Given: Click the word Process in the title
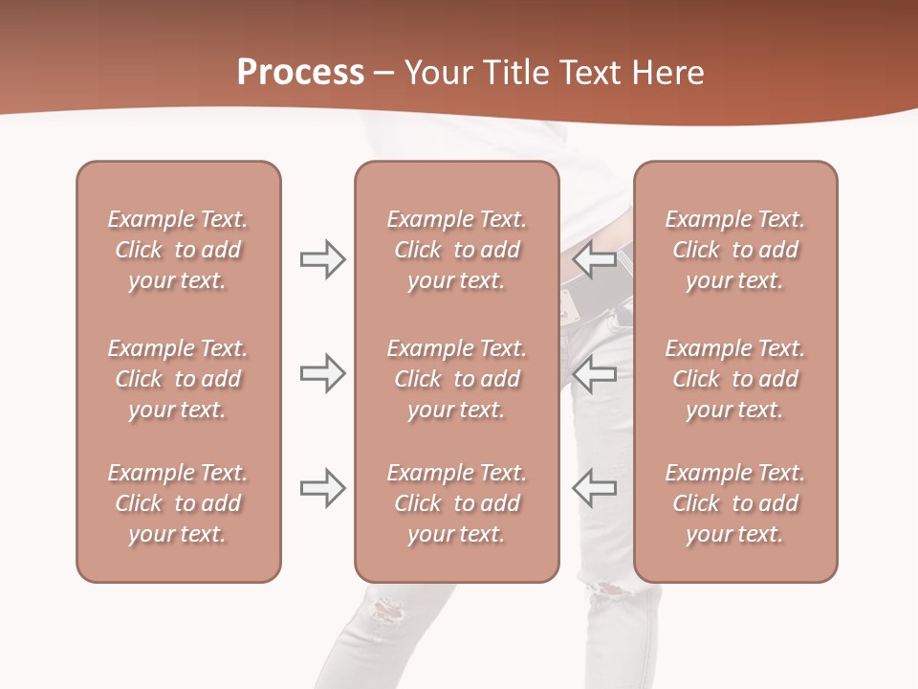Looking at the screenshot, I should pos(300,73).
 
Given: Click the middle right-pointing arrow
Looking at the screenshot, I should pos(322,373).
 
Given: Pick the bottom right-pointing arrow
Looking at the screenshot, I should pos(322,487).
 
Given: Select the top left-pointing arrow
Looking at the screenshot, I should pos(595,258).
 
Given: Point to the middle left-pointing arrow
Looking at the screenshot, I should pos(595,373).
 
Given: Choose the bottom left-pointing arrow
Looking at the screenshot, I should pos(595,487).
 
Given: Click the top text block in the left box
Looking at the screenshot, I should pos(178,250).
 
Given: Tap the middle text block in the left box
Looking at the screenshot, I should pos(178,379).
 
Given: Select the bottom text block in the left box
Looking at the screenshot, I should pos(178,503).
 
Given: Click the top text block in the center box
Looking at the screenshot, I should pos(457,250).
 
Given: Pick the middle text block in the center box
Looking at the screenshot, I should pos(457,379).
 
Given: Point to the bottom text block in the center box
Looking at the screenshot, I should pos(457,503).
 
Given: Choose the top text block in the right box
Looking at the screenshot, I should pos(735,250).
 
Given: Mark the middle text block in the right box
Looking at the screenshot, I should pos(735,379).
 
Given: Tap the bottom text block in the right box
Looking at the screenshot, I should pos(735,503).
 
